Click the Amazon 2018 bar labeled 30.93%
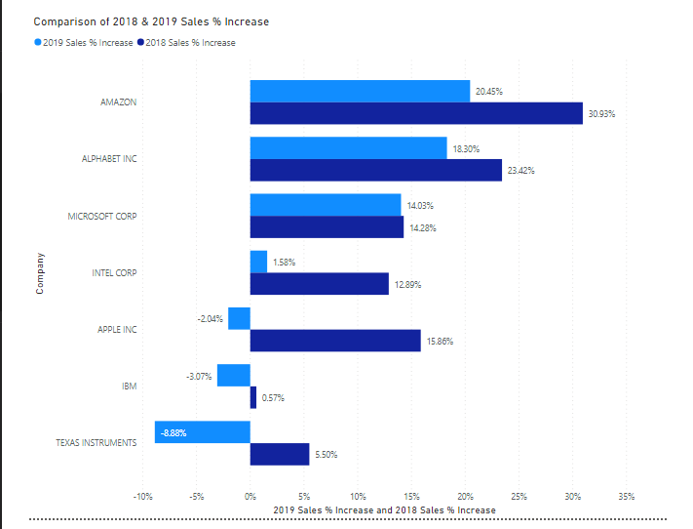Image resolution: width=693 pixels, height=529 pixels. [x=416, y=113]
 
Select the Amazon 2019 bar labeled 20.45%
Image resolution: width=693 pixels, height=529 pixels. [x=360, y=91]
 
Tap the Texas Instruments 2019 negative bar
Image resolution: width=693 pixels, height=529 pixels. [x=203, y=432]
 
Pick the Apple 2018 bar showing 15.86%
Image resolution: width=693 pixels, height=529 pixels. [x=335, y=341]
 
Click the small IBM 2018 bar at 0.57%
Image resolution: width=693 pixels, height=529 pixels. [x=253, y=397]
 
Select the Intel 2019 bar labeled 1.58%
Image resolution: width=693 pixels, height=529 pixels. [x=258, y=262]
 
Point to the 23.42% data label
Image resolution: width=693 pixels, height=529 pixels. [x=520, y=171]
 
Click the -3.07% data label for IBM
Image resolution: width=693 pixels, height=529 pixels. [x=199, y=375]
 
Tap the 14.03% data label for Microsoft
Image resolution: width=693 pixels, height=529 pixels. [x=420, y=205]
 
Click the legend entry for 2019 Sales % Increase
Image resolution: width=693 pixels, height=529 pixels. [x=83, y=43]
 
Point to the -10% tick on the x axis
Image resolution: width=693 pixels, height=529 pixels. [x=142, y=496]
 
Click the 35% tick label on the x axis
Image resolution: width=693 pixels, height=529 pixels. [x=626, y=496]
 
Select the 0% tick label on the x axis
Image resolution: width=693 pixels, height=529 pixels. [x=250, y=496]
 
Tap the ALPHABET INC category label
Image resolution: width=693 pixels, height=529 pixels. [x=109, y=159]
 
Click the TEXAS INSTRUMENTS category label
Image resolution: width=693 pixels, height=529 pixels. [x=96, y=442]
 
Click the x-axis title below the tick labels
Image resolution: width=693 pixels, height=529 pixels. [x=384, y=510]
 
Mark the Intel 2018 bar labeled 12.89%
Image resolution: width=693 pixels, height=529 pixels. [x=319, y=284]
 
